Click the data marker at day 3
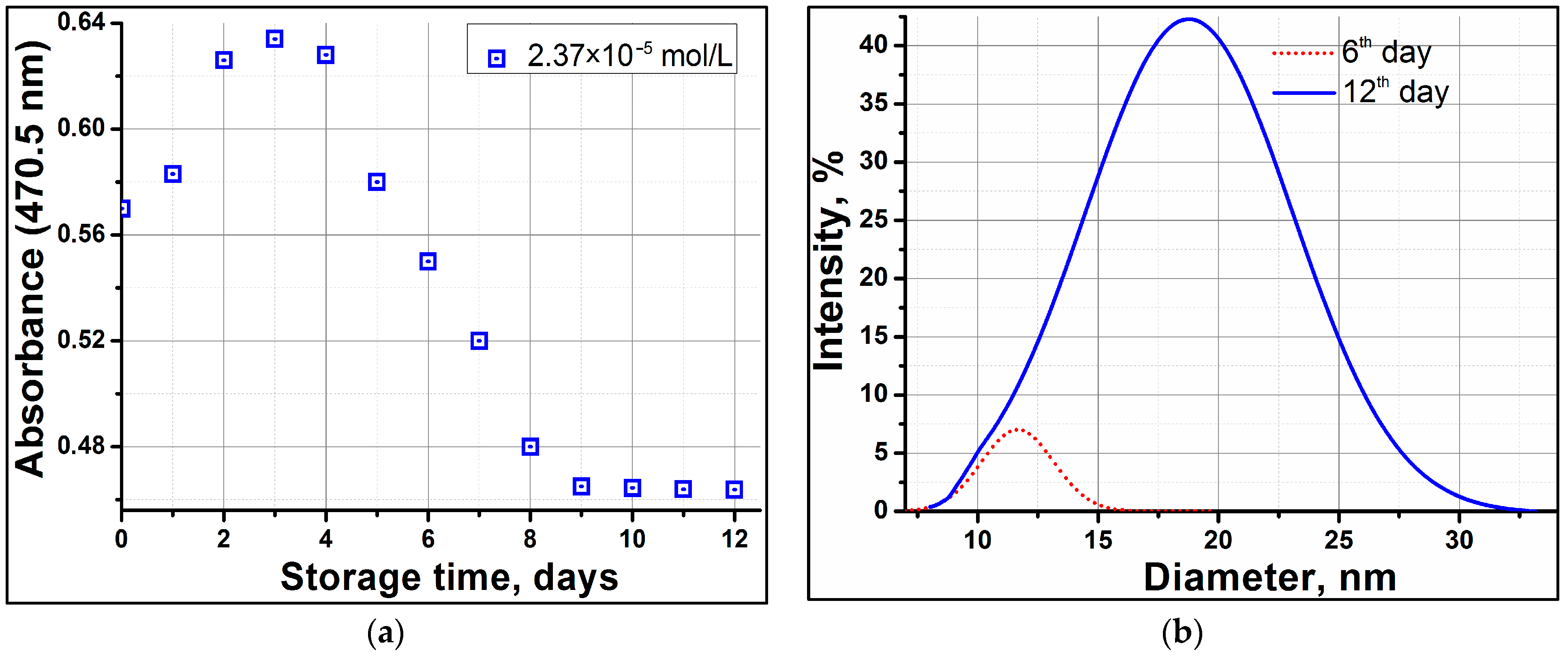274,39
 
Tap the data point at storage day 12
734,489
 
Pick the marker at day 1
173,174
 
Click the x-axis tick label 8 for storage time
530,539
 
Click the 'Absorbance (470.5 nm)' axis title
30,259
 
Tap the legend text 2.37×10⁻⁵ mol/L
629,56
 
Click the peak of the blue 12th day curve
1189,19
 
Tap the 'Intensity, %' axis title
828,261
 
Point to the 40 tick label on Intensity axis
873,45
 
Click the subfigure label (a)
385,633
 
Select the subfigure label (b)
1182,633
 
